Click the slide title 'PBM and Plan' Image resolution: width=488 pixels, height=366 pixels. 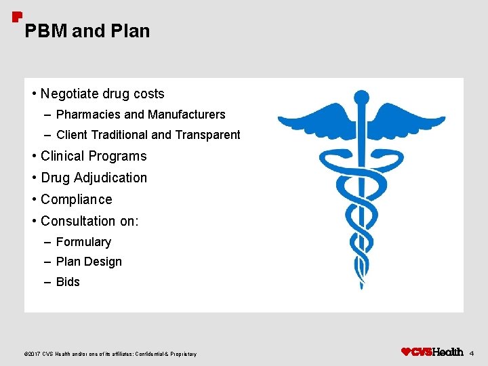pos(87,31)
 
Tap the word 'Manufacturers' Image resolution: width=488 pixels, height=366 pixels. pos(186,115)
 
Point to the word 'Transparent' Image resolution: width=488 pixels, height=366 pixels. pos(207,135)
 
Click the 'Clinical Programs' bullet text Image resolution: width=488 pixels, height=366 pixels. pos(94,156)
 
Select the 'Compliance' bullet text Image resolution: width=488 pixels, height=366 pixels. pos(76,199)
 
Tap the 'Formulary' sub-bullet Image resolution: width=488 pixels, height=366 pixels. pos(83,242)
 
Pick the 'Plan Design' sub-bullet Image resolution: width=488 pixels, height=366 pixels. pos(89,262)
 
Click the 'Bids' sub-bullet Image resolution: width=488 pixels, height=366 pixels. pos(68,282)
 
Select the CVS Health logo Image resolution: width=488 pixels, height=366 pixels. pos(432,352)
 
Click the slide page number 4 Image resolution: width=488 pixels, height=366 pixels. pos(472,353)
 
